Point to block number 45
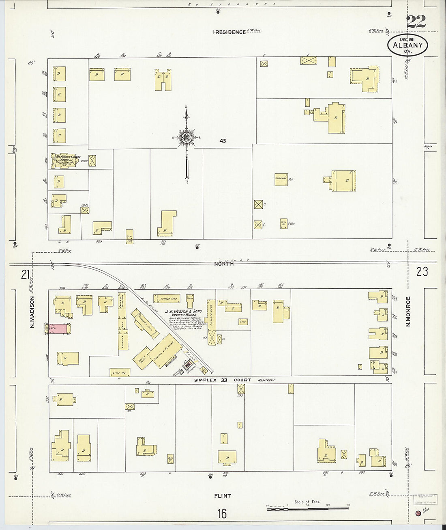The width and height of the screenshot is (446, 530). point(223,141)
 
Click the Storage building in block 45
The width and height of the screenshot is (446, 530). point(281,179)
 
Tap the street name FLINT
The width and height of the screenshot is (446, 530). point(223,495)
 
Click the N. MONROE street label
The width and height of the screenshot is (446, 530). point(409,311)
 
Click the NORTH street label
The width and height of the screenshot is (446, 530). point(224,264)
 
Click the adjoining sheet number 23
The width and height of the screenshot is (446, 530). point(422,271)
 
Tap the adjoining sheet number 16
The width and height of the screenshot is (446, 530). point(222,514)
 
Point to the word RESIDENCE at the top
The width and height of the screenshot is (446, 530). point(230,32)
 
